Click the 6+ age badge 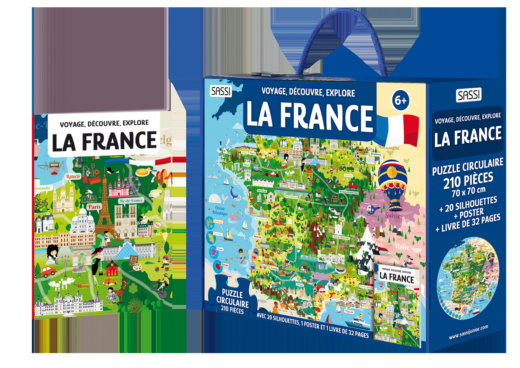[400, 101]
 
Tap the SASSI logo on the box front [221, 91]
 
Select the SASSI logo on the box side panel [469, 95]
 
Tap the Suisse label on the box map [392, 216]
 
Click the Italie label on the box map [401, 246]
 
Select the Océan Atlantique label [219, 210]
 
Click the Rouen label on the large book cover [72, 177]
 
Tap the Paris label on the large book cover [94, 207]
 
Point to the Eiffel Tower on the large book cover [104, 204]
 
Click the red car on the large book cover [49, 271]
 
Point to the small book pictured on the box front [397, 305]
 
